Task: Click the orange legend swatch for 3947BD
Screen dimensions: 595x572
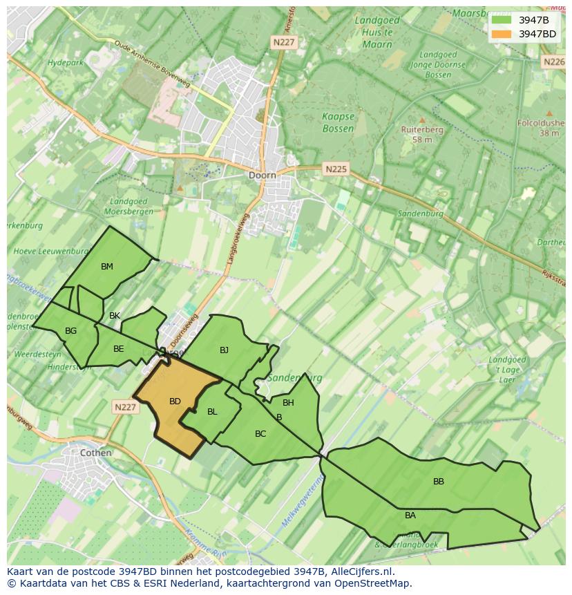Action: [502, 34]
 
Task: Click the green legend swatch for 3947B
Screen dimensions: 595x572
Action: [502, 19]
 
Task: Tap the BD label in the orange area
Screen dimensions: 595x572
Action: [175, 402]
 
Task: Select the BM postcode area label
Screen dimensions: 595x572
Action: [106, 267]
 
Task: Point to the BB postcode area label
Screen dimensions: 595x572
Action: [439, 482]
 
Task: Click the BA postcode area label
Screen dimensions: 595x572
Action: [410, 516]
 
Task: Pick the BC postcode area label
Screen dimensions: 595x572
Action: [260, 434]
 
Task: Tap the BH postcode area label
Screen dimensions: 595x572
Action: [288, 403]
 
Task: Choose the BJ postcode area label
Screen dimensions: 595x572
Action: [224, 350]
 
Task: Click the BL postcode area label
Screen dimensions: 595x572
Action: [212, 412]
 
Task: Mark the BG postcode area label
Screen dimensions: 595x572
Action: [70, 331]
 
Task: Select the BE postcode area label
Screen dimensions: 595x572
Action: [118, 349]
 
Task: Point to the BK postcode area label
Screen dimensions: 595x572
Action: [115, 316]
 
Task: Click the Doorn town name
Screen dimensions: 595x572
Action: [262, 176]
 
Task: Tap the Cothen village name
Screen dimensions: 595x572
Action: [95, 453]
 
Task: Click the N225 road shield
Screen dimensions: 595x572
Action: [336, 169]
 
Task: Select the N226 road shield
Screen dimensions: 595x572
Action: [553, 62]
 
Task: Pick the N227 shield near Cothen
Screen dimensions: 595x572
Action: [125, 408]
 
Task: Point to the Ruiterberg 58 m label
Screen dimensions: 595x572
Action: [422, 134]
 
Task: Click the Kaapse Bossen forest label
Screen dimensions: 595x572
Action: [338, 123]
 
